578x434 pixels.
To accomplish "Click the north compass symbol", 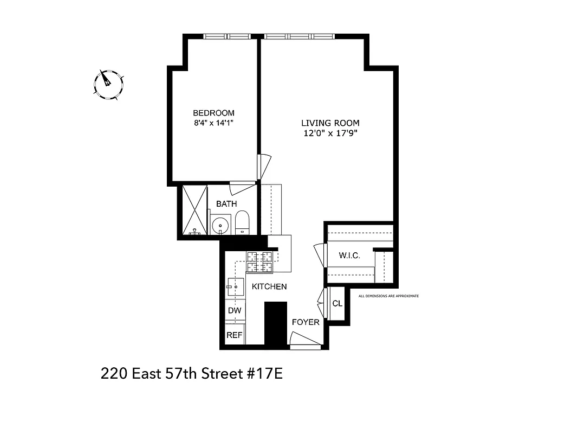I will click(108, 84).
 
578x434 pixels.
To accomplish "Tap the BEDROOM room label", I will click(213, 113).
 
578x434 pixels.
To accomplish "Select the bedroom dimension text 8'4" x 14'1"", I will click(213, 123).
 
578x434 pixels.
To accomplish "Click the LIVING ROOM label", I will click(330, 123).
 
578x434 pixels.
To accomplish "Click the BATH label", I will click(226, 204).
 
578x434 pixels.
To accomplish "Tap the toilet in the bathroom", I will click(242, 222).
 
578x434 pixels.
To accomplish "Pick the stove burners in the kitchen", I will click(259, 262).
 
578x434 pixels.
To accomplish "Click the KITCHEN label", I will click(269, 286).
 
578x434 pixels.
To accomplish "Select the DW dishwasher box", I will click(235, 311).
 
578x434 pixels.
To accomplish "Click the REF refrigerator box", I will click(234, 335).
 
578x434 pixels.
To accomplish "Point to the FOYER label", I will click(306, 322).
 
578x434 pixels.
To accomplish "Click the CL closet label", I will click(337, 304).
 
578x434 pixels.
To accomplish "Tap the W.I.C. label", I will click(349, 256).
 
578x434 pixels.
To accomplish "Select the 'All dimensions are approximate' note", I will click(389, 296).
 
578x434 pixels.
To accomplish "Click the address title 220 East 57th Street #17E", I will click(192, 374).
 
